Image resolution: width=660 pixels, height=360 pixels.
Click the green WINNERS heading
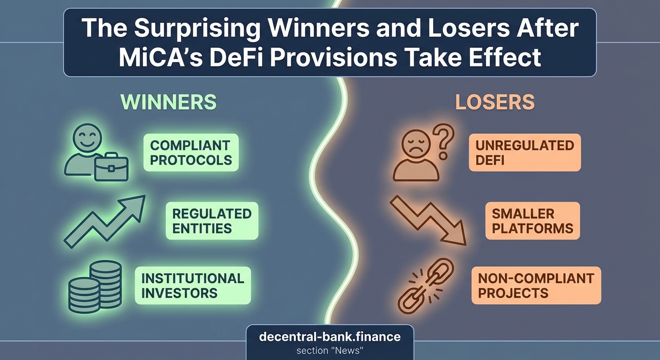(x=168, y=102)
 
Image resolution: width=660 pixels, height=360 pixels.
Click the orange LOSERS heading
(x=495, y=102)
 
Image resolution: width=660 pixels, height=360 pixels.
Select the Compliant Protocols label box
(x=191, y=152)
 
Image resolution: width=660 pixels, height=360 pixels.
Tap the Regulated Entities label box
(x=211, y=221)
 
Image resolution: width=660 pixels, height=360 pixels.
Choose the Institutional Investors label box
(x=193, y=285)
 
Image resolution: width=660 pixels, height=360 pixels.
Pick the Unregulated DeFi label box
(x=525, y=152)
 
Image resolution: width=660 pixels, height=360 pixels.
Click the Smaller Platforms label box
(x=532, y=221)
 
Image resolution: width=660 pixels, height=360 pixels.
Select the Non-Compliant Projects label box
(x=536, y=285)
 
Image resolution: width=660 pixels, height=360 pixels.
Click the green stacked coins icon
(x=95, y=286)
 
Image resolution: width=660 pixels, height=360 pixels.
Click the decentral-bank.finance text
(x=330, y=337)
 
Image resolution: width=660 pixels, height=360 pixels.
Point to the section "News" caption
(x=330, y=351)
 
